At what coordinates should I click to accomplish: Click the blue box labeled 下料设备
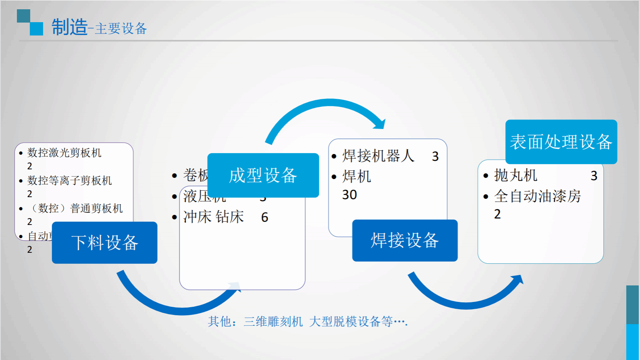pyautogui.click(x=104, y=243)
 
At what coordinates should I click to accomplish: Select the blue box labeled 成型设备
pyautogui.click(x=263, y=175)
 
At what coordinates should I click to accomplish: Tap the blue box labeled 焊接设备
pyautogui.click(x=405, y=241)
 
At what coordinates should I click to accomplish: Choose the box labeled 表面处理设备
pyautogui.click(x=561, y=142)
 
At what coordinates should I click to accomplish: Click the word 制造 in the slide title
pyautogui.click(x=69, y=27)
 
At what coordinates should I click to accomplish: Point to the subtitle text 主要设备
pyautogui.click(x=121, y=29)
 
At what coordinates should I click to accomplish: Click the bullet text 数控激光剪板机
pyautogui.click(x=64, y=153)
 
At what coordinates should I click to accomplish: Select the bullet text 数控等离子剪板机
pyautogui.click(x=69, y=181)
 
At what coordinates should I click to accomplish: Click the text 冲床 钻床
pyautogui.click(x=213, y=217)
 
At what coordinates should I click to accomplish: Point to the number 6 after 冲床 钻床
pyautogui.click(x=264, y=218)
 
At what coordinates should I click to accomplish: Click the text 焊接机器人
pyautogui.click(x=378, y=156)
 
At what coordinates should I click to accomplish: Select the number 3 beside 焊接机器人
pyautogui.click(x=435, y=157)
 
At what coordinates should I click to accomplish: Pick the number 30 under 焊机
pyautogui.click(x=349, y=195)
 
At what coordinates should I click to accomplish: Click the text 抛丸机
pyautogui.click(x=515, y=176)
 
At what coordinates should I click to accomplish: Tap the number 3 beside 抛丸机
pyautogui.click(x=594, y=176)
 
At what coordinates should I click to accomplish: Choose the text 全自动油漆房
pyautogui.click(x=537, y=196)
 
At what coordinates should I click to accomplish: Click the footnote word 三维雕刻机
pyautogui.click(x=273, y=322)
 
